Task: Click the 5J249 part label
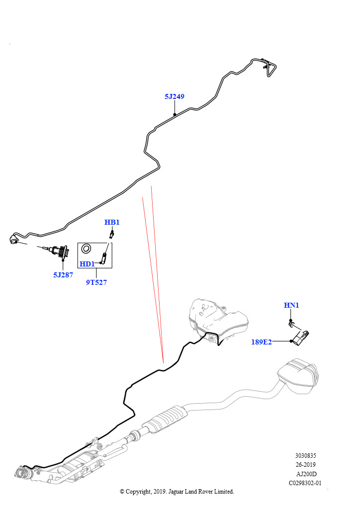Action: click(175, 96)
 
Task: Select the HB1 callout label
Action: click(112, 222)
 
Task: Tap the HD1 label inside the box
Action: click(87, 264)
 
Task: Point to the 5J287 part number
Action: click(63, 274)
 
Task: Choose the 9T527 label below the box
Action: click(96, 282)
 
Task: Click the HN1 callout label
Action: click(291, 305)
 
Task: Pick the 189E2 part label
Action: click(262, 342)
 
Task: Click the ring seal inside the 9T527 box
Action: click(86, 249)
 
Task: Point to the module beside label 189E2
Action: click(301, 338)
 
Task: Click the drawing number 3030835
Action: click(305, 455)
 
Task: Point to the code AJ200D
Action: click(306, 474)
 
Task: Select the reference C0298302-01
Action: click(305, 483)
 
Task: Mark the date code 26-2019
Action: click(305, 465)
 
